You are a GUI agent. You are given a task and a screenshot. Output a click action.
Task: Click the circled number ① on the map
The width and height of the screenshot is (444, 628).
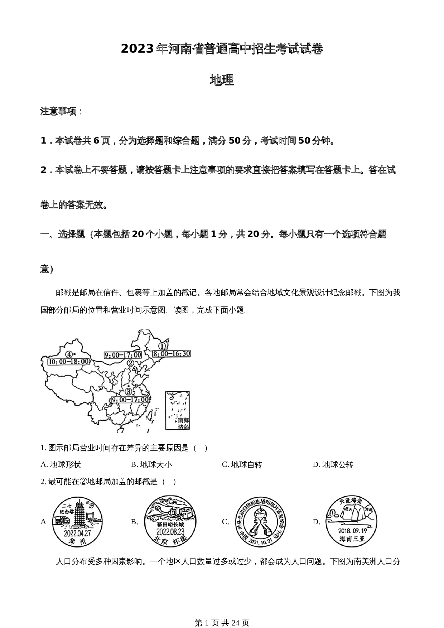pyautogui.click(x=162, y=346)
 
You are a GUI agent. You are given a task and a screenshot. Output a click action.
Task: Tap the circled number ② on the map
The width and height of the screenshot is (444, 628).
pyautogui.click(x=131, y=363)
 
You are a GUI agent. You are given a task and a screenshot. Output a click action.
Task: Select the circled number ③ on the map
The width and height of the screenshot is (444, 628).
pyautogui.click(x=129, y=391)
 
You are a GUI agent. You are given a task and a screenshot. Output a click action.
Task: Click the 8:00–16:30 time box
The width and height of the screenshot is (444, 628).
pyautogui.click(x=172, y=354)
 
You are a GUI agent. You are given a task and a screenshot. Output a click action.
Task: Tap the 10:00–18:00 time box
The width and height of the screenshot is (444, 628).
pyautogui.click(x=68, y=362)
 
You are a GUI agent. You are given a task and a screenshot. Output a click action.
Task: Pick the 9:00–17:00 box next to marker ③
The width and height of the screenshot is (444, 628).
pyautogui.click(x=130, y=400)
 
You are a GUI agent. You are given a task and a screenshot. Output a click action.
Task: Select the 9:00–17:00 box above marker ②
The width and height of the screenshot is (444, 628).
pyautogui.click(x=123, y=355)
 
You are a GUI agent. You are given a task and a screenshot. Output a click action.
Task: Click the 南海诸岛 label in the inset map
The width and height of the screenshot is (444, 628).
pyautogui.click(x=184, y=423)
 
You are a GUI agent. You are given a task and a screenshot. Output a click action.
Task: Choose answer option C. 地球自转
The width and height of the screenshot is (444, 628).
pyautogui.click(x=242, y=465)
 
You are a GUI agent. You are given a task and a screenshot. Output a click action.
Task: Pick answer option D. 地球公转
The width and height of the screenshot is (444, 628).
pyautogui.click(x=333, y=465)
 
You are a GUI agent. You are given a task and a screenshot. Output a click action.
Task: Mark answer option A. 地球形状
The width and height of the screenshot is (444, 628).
pyautogui.click(x=61, y=465)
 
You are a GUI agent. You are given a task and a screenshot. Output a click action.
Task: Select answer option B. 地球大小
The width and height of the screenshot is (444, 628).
pyautogui.click(x=151, y=465)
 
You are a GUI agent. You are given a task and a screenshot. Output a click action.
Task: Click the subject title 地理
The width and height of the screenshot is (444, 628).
pyautogui.click(x=222, y=80)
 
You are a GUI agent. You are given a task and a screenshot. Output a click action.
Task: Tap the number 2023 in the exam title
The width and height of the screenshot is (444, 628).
pyautogui.click(x=137, y=49)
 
